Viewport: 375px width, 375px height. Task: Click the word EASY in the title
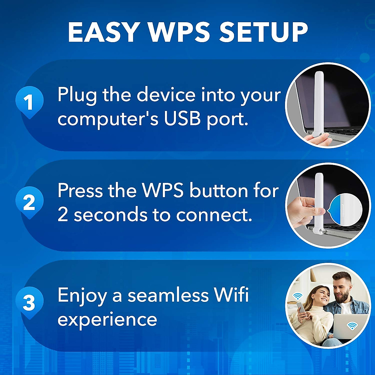pos(103,32)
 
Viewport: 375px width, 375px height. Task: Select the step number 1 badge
pos(29,102)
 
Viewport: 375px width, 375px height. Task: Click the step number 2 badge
pos(29,202)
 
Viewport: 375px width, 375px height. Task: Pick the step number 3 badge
pos(29,302)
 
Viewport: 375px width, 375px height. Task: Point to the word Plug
pos(77,95)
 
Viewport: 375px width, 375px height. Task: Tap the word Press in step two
pos(80,190)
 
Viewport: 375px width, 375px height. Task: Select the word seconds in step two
pos(111,215)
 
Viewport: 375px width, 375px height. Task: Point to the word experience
pos(107,320)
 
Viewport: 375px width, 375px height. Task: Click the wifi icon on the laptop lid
pos(352,326)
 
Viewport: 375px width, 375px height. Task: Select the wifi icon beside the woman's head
pos(297,296)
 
